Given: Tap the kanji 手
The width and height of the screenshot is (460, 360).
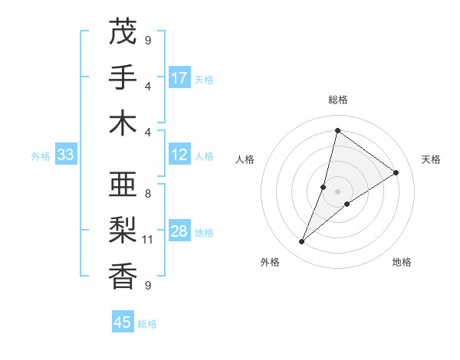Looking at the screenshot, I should (x=123, y=77).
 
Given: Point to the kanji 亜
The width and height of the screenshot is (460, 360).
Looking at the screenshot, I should (x=123, y=185).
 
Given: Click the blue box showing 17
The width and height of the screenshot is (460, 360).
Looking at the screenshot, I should (x=179, y=78).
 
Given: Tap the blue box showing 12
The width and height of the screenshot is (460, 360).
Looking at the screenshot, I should (x=179, y=155).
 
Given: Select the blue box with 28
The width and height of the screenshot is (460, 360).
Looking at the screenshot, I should (x=179, y=231).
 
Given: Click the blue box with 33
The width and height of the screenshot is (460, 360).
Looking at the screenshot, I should (x=65, y=155).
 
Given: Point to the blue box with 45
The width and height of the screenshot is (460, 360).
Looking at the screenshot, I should (x=123, y=322).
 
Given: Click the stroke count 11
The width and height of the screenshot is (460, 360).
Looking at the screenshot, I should (x=148, y=240).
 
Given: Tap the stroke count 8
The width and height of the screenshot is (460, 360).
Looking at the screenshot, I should (x=148, y=194).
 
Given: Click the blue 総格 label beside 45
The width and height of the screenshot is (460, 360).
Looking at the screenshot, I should (x=148, y=324).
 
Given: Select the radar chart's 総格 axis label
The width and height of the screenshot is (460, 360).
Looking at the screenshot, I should (x=337, y=100).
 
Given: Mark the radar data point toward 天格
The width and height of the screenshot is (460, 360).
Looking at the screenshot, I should (x=396, y=172).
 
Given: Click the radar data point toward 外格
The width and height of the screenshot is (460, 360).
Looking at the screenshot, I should (x=302, y=242).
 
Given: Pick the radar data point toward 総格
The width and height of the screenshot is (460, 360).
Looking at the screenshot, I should (x=337, y=130).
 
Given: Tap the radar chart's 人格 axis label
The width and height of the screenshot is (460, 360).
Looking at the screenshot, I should (x=245, y=159).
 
